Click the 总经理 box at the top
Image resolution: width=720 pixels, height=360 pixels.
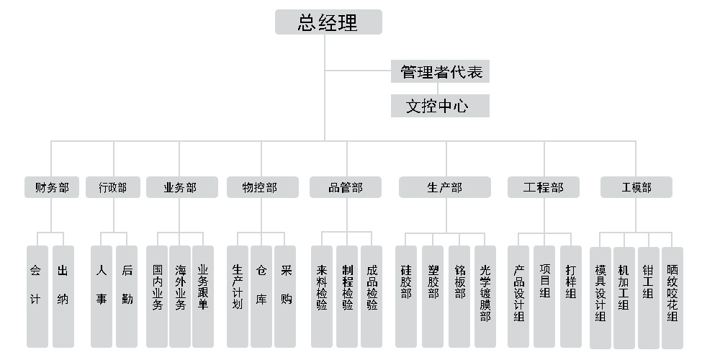[x=328, y=22]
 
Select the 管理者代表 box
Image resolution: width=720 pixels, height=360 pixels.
[x=441, y=72]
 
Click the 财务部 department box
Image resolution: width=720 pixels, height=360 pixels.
[x=52, y=188]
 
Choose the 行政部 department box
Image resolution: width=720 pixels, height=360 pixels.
[x=112, y=188]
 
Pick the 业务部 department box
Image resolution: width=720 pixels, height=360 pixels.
[x=180, y=188]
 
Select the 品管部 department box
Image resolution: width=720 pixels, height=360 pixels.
[x=346, y=188]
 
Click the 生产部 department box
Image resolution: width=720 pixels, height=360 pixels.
[x=445, y=188]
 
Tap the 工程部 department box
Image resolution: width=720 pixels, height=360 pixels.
[x=544, y=188]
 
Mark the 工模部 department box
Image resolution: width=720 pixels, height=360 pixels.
[x=636, y=188]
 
